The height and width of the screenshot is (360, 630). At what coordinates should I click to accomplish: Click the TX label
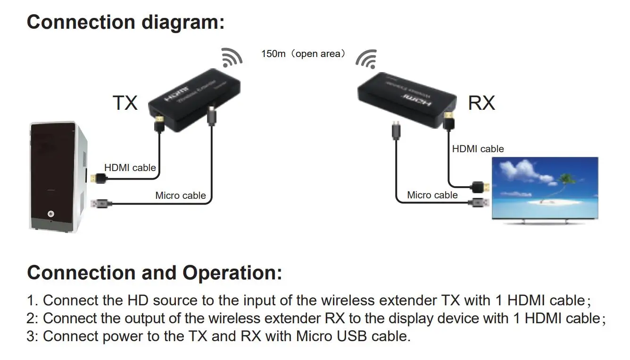click(125, 102)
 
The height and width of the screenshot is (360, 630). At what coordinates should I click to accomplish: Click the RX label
click(481, 102)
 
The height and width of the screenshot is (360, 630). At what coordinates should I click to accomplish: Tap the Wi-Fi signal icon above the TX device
click(232, 57)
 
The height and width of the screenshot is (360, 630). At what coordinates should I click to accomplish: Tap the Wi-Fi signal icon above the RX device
click(366, 58)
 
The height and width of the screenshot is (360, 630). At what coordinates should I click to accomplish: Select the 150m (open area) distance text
click(303, 54)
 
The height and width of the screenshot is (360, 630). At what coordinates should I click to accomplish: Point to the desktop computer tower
click(58, 176)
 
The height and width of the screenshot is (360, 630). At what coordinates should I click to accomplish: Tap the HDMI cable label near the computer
click(130, 167)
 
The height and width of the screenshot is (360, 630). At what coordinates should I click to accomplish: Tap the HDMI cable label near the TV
click(478, 149)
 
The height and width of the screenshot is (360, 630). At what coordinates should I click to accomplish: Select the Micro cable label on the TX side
click(181, 195)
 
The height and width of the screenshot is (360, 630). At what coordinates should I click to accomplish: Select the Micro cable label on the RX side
click(432, 195)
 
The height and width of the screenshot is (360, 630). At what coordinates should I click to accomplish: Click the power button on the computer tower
click(51, 214)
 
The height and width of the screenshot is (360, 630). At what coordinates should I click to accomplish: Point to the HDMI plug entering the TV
click(481, 187)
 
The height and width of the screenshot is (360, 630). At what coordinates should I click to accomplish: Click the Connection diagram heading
click(125, 22)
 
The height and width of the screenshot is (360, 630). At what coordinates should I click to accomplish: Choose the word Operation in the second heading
click(232, 273)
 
